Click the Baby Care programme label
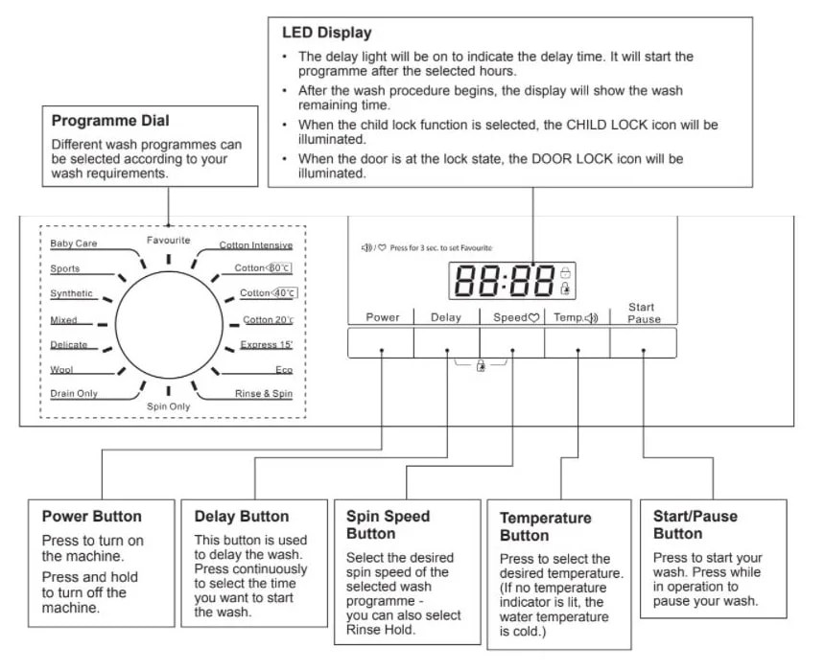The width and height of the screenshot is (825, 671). click(x=74, y=243)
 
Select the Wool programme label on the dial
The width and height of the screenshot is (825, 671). click(x=62, y=369)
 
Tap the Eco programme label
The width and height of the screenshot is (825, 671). click(x=283, y=369)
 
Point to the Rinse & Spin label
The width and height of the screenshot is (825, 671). click(x=264, y=394)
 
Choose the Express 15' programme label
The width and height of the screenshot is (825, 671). click(x=267, y=344)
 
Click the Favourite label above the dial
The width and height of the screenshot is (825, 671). click(x=169, y=240)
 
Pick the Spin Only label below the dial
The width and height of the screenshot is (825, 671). click(x=169, y=406)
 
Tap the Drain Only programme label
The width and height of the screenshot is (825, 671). click(x=74, y=394)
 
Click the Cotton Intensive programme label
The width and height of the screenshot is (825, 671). click(x=255, y=245)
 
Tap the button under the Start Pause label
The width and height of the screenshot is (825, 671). click(x=643, y=342)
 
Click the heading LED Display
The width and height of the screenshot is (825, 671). click(x=326, y=33)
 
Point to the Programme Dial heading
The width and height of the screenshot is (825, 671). click(x=110, y=121)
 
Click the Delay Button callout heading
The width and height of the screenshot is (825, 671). click(x=242, y=517)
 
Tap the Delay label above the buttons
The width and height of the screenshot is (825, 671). click(x=446, y=317)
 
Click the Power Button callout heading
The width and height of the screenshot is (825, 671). click(x=92, y=517)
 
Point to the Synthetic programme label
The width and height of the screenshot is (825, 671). click(x=72, y=293)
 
